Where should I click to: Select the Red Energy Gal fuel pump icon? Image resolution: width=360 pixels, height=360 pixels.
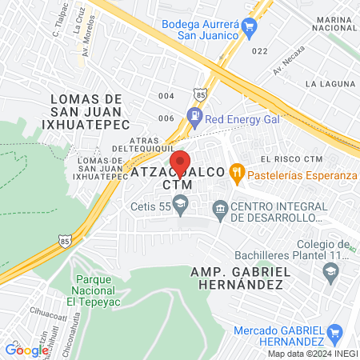tap(194, 117)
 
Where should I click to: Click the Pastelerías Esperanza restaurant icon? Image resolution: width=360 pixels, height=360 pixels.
tap(236, 171)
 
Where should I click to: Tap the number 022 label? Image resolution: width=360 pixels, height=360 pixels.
tap(258, 51)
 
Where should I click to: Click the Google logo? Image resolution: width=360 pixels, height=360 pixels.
tap(26, 350)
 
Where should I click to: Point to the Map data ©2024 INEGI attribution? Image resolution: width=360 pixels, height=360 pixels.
tap(311, 354)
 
